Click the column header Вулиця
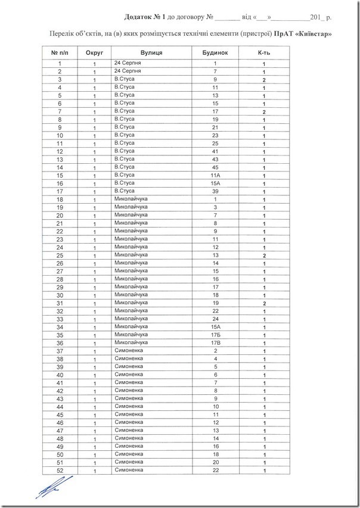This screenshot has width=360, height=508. tap(153, 52)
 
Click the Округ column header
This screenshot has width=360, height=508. tap(95, 52)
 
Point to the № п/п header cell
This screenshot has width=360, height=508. tap(60, 52)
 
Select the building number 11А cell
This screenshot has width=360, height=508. tap(215, 176)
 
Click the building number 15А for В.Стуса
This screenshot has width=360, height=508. tap(215, 183)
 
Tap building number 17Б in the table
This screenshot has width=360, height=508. tap(215, 335)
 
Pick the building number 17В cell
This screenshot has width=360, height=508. tap(215, 343)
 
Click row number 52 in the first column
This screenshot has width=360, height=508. tap(60, 471)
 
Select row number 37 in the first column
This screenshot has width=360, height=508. tap(60, 351)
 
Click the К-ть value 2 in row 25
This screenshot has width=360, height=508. tap(263, 255)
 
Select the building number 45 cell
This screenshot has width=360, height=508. tap(215, 167)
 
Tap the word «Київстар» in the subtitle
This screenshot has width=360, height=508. tap(312, 33)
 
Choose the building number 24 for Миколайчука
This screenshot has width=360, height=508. tap(215, 319)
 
